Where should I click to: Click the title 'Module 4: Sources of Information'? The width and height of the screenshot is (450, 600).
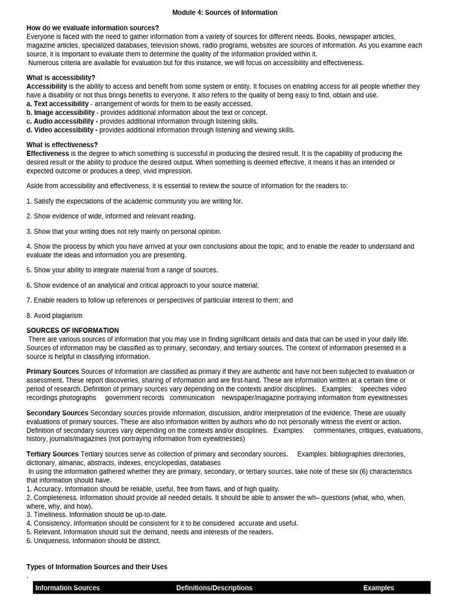coord(225,12)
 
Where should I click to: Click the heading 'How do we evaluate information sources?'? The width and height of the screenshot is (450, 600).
coord(93,28)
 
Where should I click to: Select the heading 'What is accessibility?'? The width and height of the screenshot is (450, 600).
coord(61,77)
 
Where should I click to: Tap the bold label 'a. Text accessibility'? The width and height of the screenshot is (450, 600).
coord(57,104)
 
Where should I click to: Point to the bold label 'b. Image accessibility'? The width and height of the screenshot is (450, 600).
coord(60,112)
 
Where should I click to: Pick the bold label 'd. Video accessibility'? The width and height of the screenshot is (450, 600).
coord(62,130)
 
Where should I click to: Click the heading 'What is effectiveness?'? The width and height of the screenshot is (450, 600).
coord(62,145)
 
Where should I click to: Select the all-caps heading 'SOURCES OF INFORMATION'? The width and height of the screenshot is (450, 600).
coord(73,330)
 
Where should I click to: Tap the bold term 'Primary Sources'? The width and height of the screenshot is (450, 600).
coord(53,371)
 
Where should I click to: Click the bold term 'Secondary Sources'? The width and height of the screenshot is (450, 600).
coord(57,413)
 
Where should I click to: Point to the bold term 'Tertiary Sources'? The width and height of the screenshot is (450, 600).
coord(53,454)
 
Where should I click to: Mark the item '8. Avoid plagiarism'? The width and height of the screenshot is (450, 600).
coord(54,316)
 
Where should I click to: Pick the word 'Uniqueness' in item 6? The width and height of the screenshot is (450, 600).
coord(52,541)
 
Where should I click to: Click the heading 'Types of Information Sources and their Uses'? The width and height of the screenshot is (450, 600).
coord(97,567)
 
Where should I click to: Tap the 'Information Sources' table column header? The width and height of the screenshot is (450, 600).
coord(67,588)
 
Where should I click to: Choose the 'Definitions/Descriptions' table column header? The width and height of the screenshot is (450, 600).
coord(214,588)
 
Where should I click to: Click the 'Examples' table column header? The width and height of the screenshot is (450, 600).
coord(379,588)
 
